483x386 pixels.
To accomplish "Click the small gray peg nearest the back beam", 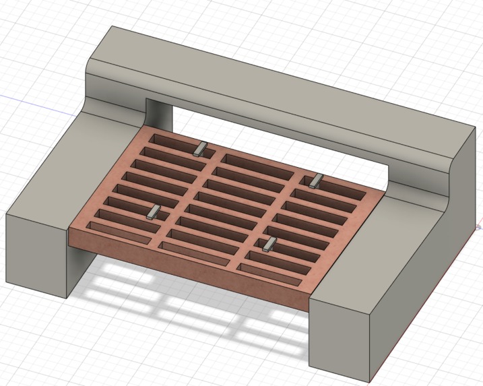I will pos(200,149).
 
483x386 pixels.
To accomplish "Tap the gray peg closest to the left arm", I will pos(153,213).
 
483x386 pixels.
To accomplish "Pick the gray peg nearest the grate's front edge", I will pos(269,244).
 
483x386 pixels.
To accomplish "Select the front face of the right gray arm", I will pos(340,337).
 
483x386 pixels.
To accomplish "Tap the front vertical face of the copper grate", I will pos(189,266).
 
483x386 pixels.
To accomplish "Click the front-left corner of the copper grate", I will pos(71,231).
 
